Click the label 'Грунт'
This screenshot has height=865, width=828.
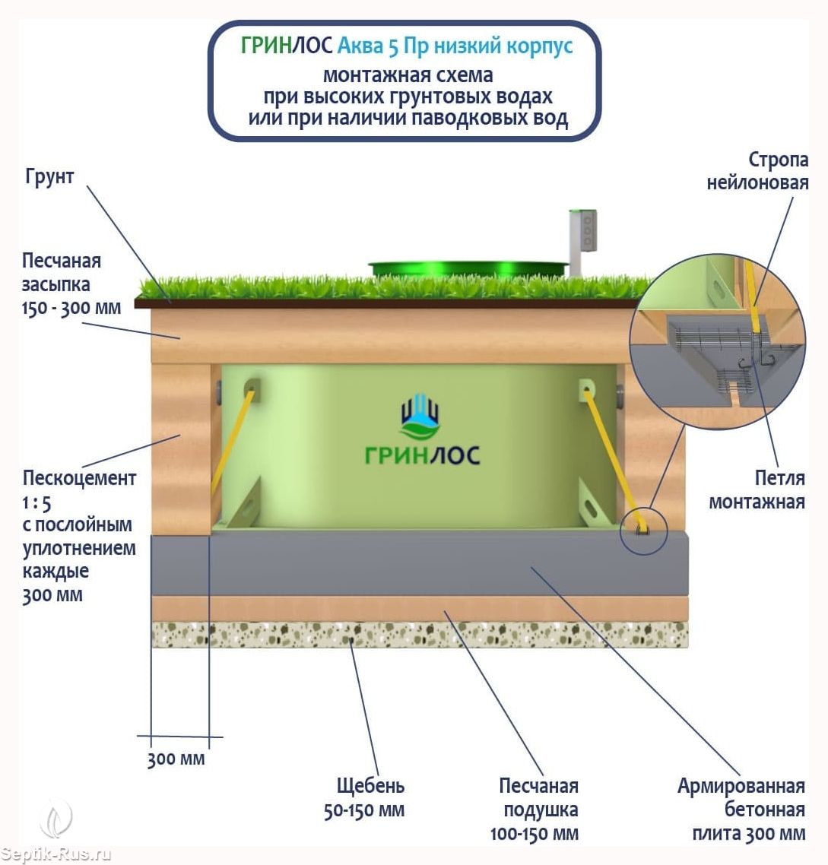pyautogui.click(x=50, y=176)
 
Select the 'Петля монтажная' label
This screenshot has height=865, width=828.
pyautogui.click(x=757, y=490)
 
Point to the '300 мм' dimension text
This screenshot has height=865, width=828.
pyautogui.click(x=176, y=759)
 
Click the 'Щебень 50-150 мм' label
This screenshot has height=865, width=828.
pyautogui.click(x=364, y=797)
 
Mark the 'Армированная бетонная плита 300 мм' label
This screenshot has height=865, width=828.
pyautogui.click(x=741, y=810)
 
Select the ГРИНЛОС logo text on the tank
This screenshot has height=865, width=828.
pyautogui.click(x=422, y=455)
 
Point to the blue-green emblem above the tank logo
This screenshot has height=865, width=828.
pyautogui.click(x=420, y=417)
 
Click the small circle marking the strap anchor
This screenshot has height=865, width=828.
pyautogui.click(x=642, y=530)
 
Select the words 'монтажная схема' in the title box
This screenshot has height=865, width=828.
pyautogui.click(x=408, y=75)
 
